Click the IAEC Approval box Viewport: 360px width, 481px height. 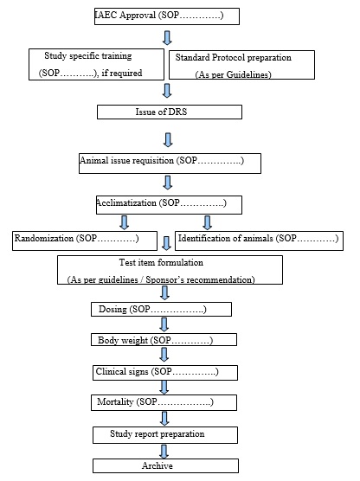tap(165, 16)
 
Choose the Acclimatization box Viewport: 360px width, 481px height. tap(168, 204)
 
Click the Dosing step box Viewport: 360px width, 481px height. tap(160, 309)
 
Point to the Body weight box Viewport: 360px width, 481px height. tap(162, 341)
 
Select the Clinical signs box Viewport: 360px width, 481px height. tap(164, 372)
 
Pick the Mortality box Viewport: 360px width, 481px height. tap(163, 403)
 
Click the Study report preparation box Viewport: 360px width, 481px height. tap(164, 433)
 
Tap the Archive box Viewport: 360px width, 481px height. tap(164, 465)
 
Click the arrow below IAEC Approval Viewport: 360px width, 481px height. tap(167, 37)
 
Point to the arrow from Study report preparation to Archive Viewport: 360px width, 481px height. tap(164, 450)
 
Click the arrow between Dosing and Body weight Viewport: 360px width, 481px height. tap(163, 325)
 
